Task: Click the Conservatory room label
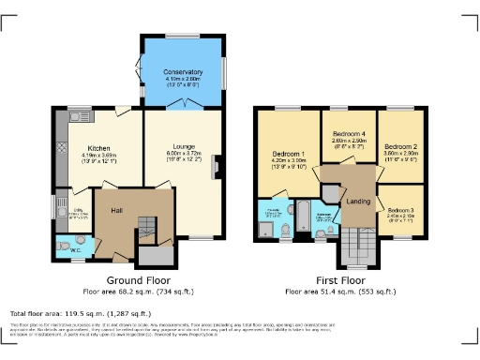[181, 72]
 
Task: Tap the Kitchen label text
[100, 148]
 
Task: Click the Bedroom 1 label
[288, 153]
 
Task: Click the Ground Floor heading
[137, 279]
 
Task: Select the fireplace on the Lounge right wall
[217, 167]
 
